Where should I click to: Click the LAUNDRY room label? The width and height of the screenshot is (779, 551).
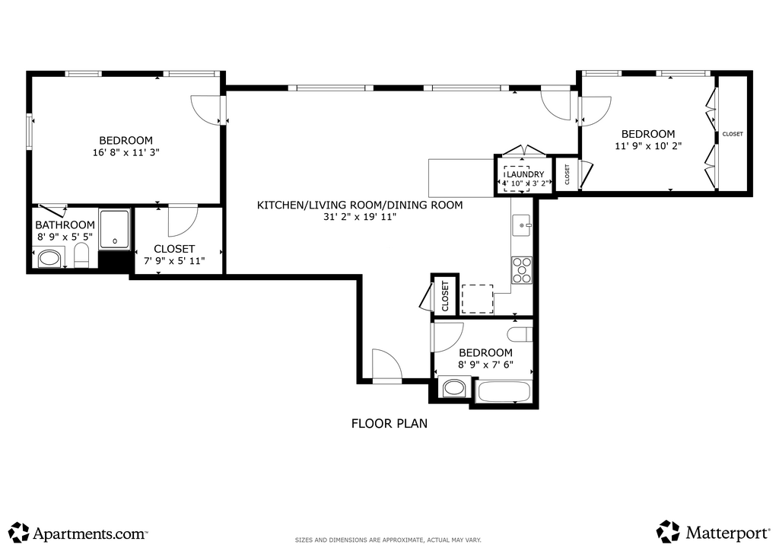tap(525, 174)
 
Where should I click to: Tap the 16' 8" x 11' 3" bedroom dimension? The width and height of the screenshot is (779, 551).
tap(126, 152)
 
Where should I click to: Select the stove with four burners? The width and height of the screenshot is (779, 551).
tap(522, 269)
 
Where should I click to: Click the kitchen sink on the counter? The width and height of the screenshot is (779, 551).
tap(522, 225)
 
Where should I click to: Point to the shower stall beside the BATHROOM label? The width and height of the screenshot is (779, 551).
tap(115, 229)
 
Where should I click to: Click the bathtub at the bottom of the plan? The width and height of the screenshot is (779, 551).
tap(504, 391)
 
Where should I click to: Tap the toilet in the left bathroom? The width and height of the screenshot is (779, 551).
tap(81, 255)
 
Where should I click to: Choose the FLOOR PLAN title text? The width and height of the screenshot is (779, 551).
tap(389, 423)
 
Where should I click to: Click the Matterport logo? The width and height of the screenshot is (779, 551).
tap(713, 532)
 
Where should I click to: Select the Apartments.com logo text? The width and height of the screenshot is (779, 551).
tap(90, 534)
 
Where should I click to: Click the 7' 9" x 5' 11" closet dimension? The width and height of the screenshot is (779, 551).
tap(174, 261)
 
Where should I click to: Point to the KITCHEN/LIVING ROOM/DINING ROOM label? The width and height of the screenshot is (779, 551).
tap(360, 205)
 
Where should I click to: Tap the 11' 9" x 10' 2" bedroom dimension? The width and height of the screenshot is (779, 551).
tap(648, 146)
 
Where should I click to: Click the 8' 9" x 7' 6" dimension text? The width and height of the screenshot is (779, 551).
tap(485, 365)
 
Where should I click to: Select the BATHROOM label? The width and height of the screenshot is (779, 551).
tap(65, 225)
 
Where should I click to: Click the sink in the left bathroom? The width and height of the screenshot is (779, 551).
tap(49, 258)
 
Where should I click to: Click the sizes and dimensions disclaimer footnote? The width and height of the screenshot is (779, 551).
tap(388, 540)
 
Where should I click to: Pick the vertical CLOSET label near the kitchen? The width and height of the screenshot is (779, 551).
tap(445, 296)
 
